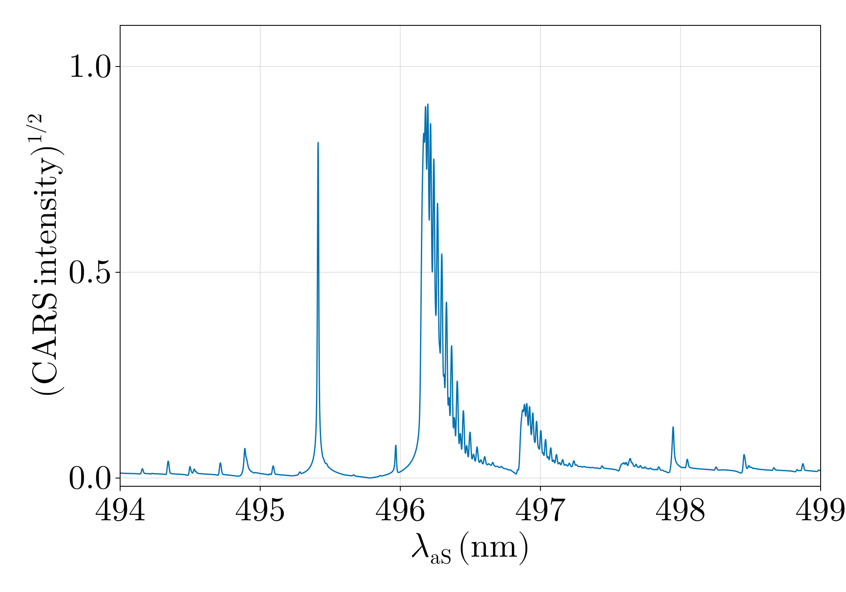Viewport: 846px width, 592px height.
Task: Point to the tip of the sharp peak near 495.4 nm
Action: coord(318,143)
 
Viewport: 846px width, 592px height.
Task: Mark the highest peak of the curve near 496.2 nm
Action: coord(428,104)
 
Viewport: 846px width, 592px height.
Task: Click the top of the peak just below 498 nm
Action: coord(673,427)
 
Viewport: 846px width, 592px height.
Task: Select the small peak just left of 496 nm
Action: coord(396,445)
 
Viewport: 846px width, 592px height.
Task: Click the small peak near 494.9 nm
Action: coord(244,449)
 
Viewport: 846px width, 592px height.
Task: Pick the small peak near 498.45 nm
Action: coord(744,455)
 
